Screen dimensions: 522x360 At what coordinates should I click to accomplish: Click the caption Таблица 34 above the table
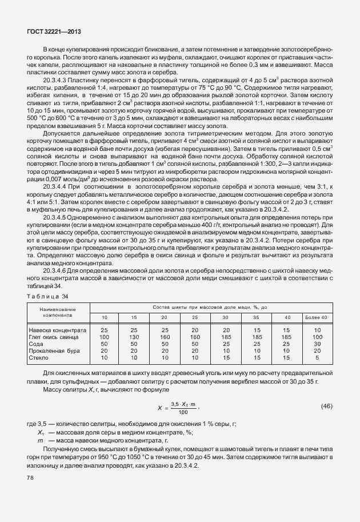point(47,296)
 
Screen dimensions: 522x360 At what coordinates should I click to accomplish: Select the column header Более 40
point(317,317)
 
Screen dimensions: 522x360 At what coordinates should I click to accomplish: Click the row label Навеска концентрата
point(57,330)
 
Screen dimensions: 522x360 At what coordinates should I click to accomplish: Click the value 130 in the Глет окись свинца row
point(134,337)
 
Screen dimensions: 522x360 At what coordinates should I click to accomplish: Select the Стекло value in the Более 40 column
point(317,358)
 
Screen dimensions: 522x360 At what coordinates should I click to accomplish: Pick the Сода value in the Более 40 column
point(317,344)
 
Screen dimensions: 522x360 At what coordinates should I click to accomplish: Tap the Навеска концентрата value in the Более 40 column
point(317,330)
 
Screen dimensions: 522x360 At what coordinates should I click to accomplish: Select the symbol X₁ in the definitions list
point(40,433)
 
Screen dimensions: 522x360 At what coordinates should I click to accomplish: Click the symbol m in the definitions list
point(40,441)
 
